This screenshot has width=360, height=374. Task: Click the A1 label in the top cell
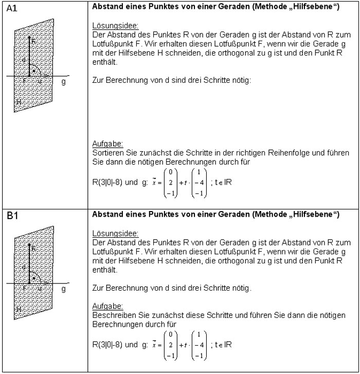click(11, 9)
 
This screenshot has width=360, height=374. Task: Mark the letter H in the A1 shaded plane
click(19, 102)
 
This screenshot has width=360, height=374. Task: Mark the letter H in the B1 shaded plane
click(19, 309)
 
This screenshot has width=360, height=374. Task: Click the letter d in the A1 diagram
click(24, 61)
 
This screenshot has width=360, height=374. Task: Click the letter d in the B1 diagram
click(24, 268)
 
